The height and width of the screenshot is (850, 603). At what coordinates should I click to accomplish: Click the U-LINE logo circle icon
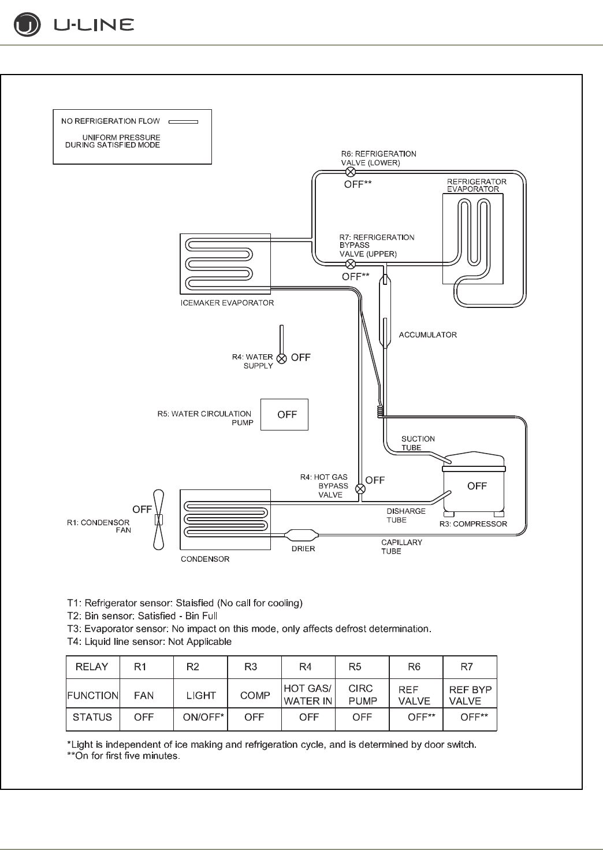click(27, 25)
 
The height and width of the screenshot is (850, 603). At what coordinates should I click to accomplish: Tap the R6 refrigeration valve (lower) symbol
click(350, 172)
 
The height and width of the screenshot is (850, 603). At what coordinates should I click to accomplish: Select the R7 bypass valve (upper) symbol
click(350, 265)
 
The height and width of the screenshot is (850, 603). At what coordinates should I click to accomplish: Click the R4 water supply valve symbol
click(281, 358)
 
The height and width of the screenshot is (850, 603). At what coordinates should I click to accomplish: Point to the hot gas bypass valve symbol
click(360, 489)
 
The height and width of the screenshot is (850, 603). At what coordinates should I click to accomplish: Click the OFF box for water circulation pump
click(284, 414)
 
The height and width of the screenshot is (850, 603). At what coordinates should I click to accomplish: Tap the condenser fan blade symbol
click(159, 519)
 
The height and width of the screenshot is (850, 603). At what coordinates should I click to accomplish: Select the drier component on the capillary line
click(302, 535)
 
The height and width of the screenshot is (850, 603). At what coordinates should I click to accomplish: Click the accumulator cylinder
click(384, 312)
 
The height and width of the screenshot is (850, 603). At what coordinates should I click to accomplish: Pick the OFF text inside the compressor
click(477, 486)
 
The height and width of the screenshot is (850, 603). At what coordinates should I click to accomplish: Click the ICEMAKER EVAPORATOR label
click(227, 303)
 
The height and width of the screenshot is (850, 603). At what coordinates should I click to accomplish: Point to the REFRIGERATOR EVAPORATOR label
click(477, 185)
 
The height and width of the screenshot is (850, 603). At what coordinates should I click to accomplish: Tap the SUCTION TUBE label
click(418, 443)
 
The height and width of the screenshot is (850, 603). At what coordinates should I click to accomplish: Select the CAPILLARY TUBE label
click(401, 547)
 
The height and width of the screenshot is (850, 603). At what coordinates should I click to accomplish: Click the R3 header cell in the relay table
click(251, 667)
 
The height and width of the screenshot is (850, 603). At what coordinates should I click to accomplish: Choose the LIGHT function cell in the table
click(200, 695)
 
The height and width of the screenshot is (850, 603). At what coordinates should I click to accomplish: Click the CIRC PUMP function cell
click(362, 695)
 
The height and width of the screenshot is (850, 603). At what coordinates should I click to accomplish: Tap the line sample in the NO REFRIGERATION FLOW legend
click(183, 122)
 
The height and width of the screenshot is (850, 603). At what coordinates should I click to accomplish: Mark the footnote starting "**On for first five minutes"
click(124, 756)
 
